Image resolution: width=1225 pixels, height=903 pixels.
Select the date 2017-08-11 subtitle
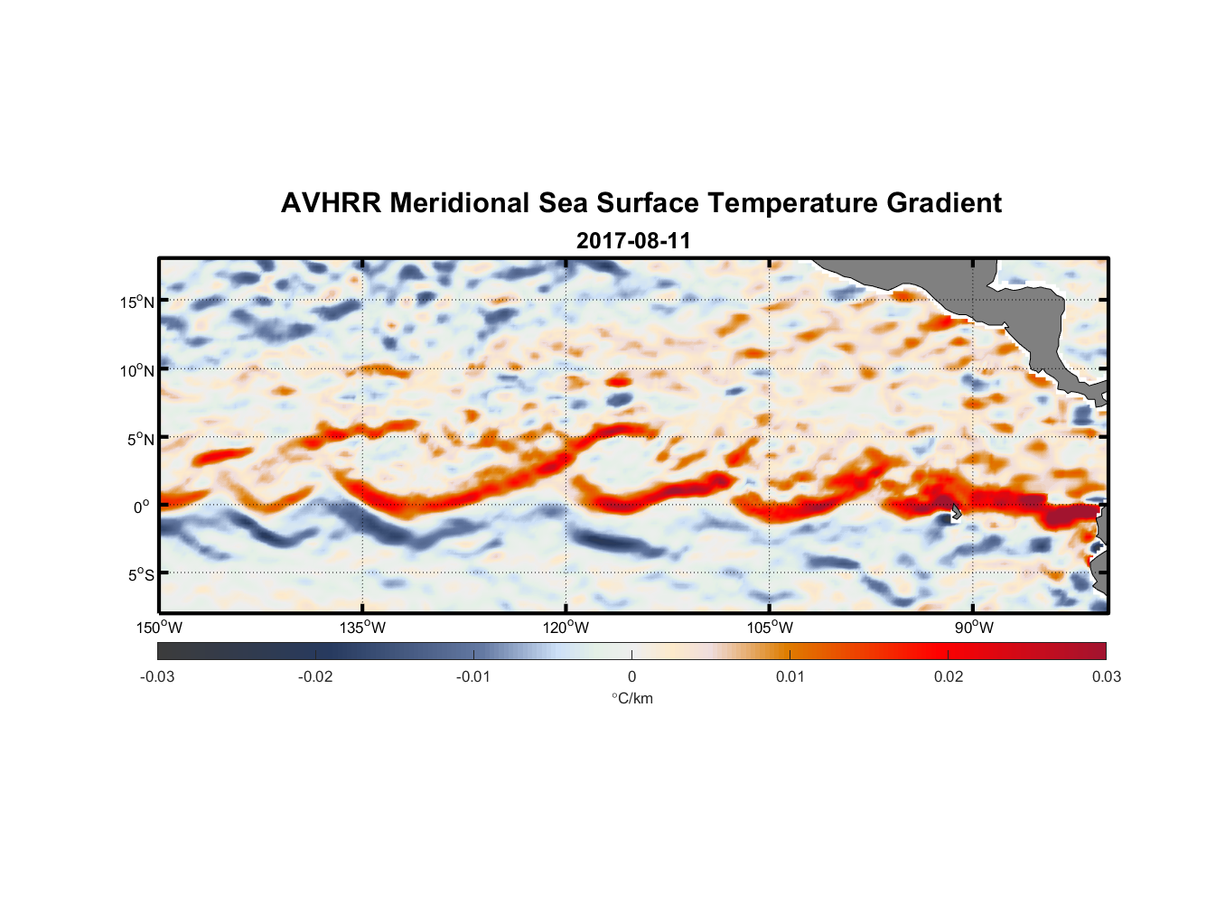(633, 241)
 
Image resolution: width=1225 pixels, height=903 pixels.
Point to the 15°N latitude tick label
(137, 302)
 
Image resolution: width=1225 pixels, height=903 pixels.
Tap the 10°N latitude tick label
(137, 370)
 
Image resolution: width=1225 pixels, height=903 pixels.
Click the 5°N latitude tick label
(140, 439)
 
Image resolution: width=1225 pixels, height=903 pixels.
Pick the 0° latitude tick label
(142, 507)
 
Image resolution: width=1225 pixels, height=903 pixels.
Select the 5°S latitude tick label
(140, 574)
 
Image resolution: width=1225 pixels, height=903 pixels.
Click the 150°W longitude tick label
(159, 628)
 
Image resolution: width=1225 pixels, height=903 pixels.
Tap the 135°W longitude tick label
(362, 628)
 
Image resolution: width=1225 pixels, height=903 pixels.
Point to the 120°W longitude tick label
(566, 628)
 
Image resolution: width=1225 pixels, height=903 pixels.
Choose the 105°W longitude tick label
(770, 628)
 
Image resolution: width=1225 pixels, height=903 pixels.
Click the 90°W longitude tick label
(974, 628)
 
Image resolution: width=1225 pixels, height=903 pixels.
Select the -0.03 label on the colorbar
(157, 676)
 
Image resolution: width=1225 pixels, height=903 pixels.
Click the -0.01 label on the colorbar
(473, 676)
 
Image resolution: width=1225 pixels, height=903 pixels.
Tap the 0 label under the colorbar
(631, 676)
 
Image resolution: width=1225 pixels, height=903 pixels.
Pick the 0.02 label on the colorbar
(948, 676)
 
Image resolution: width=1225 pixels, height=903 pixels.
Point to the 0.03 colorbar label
(1106, 676)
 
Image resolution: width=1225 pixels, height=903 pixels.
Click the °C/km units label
(631, 698)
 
